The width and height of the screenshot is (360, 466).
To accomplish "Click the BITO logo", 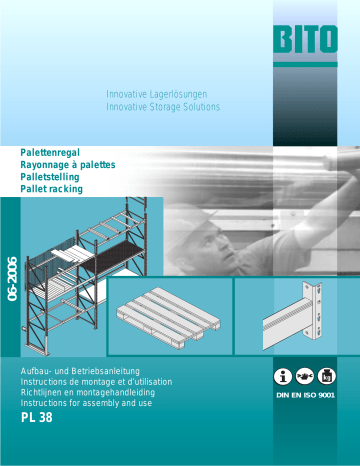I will [299, 42].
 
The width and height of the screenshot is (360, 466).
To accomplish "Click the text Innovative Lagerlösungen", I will [162, 94].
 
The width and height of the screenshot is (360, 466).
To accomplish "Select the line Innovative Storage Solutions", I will [163, 107].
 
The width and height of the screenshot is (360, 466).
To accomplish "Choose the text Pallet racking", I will [51, 189].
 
